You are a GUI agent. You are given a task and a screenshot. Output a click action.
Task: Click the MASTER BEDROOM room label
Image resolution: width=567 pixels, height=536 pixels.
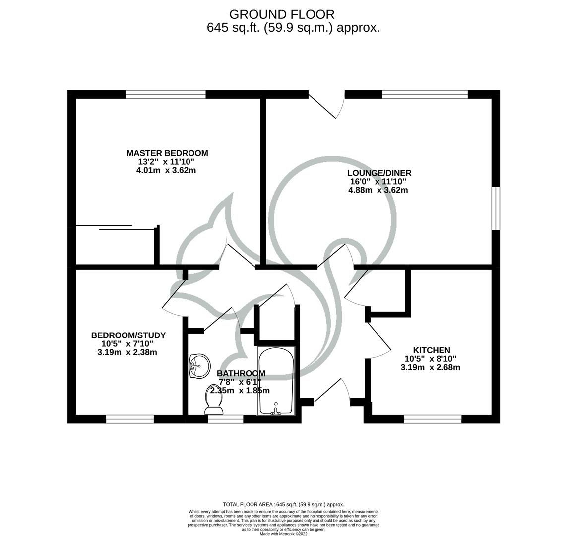pyautogui.click(x=167, y=153)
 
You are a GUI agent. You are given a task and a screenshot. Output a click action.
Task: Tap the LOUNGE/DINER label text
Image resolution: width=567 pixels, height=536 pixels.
pyautogui.click(x=379, y=173)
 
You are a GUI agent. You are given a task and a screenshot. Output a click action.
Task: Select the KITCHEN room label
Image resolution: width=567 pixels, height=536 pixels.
pyautogui.click(x=431, y=350)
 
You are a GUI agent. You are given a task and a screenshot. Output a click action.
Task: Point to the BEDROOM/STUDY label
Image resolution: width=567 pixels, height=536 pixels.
pyautogui.click(x=128, y=335)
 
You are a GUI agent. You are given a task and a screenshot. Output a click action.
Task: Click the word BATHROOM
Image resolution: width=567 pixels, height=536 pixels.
pyautogui.click(x=241, y=373)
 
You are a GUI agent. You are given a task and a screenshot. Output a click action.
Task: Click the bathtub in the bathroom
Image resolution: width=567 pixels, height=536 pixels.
pyautogui.click(x=276, y=381)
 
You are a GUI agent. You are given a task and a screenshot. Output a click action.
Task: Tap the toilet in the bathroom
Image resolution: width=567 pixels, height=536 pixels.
pyautogui.click(x=214, y=400)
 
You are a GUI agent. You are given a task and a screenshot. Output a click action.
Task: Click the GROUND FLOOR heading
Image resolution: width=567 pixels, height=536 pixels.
pyautogui.click(x=282, y=14)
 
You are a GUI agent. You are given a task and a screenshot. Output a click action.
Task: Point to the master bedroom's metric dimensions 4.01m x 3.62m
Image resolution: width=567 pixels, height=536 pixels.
pyautogui.click(x=166, y=170)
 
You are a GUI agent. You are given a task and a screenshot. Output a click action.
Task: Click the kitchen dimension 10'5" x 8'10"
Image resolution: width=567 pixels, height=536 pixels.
pyautogui.click(x=431, y=359)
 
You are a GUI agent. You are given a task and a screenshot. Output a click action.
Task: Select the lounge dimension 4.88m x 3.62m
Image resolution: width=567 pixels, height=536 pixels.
pyautogui.click(x=378, y=190)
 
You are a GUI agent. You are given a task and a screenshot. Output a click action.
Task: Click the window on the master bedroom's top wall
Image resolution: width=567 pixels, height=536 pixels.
pyautogui.click(x=166, y=94)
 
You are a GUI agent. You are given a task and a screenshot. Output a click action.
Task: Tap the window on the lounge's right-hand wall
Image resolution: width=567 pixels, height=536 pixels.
pyautogui.click(x=496, y=208)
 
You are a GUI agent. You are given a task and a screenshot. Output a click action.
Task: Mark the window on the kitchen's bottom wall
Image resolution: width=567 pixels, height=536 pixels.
pyautogui.click(x=433, y=419)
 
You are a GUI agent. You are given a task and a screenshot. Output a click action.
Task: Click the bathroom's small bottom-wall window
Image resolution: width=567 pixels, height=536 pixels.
pyautogui.click(x=226, y=419)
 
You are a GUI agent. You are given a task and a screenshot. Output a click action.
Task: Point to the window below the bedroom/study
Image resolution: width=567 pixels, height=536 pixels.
pyautogui.click(x=130, y=419)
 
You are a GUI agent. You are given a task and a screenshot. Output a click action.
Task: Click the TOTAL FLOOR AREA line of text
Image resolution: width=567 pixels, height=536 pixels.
pyautogui.click(x=283, y=504)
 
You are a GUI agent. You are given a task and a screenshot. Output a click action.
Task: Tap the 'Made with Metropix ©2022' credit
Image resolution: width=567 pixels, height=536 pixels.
pyautogui.click(x=283, y=534)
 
